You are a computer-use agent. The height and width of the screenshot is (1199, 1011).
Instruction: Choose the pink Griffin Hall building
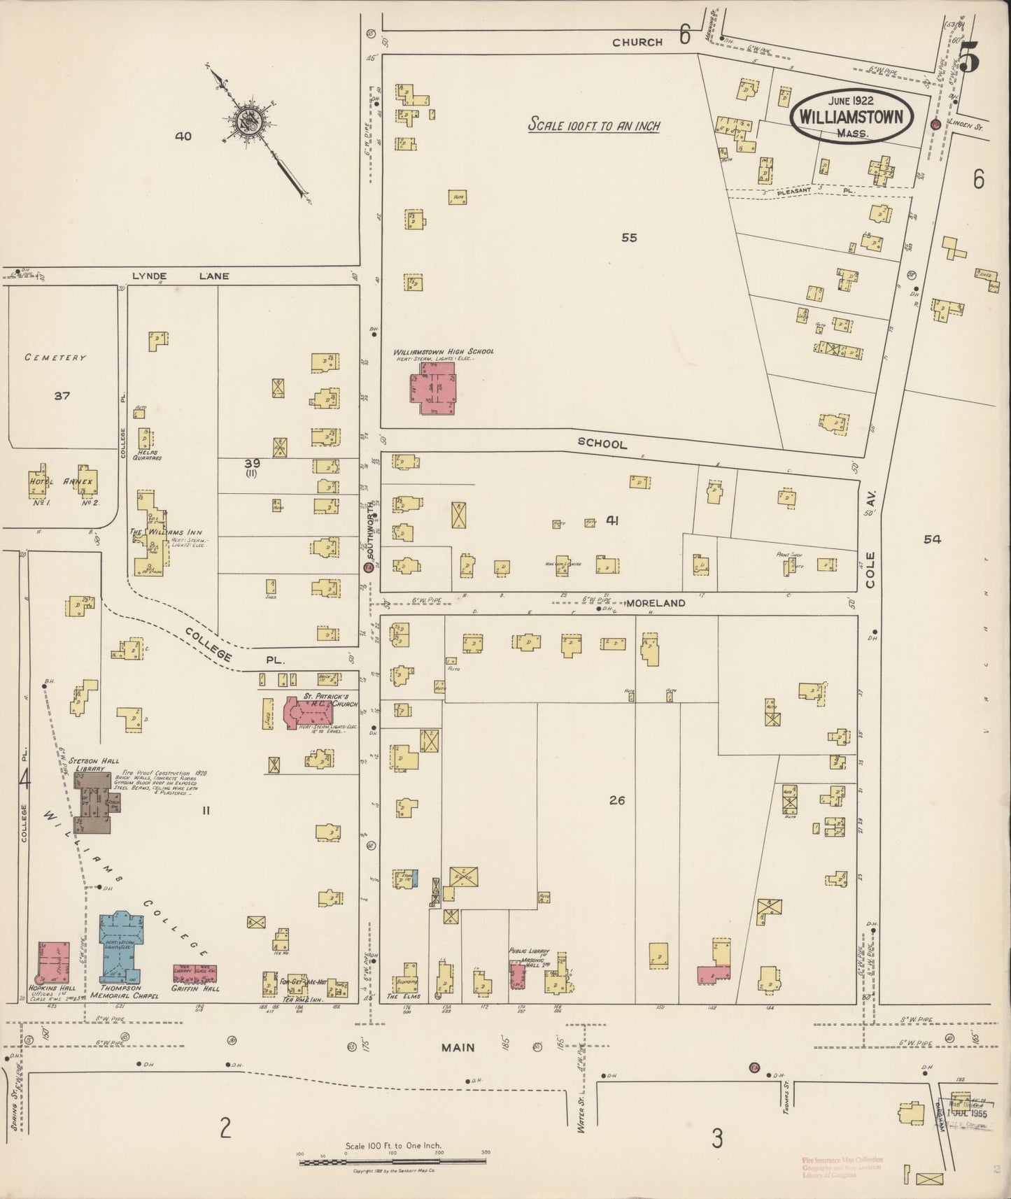(x=195, y=974)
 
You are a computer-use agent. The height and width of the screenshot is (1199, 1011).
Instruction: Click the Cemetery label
(x=55, y=357)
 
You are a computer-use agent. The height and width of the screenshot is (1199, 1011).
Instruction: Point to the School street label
(x=602, y=444)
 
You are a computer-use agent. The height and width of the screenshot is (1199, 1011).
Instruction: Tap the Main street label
(x=458, y=1047)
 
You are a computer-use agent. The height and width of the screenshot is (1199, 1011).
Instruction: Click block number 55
(x=629, y=238)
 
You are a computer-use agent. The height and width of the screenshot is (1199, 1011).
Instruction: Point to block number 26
(x=616, y=801)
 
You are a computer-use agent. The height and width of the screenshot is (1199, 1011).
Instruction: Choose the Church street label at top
(x=637, y=42)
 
